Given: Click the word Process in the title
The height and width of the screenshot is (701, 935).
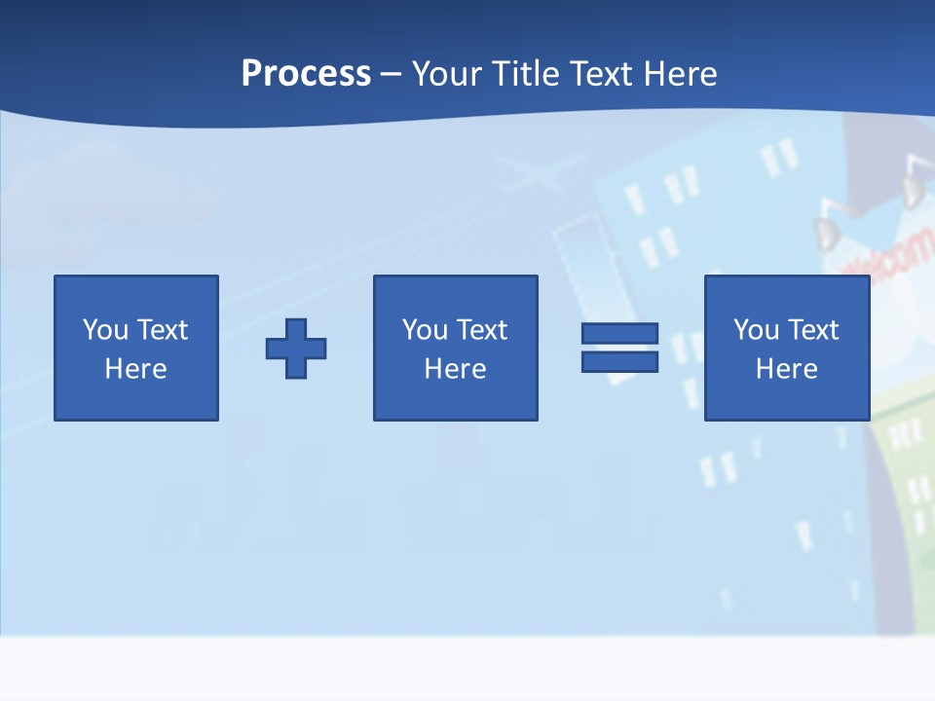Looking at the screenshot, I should click(306, 74).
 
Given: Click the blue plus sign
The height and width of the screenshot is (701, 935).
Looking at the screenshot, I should click(296, 348).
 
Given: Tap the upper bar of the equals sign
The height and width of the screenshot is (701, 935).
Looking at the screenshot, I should click(619, 333).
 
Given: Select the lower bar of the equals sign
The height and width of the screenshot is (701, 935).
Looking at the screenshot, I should click(619, 362).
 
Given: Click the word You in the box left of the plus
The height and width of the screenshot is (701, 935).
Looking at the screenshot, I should click(105, 330).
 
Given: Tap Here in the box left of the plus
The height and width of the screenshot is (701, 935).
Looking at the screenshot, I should click(135, 369).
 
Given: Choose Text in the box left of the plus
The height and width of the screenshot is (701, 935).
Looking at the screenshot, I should click(162, 330).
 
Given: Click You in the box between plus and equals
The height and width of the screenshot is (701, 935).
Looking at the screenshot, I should click(425, 330).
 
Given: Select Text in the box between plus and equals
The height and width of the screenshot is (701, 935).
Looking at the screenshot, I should click(481, 330).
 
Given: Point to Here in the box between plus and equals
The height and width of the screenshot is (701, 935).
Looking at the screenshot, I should click(455, 369).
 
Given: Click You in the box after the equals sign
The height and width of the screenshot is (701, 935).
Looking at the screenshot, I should click(756, 330).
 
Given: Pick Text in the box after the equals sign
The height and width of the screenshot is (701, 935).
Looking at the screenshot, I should click(812, 330).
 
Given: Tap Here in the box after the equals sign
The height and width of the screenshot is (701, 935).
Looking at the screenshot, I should click(786, 369).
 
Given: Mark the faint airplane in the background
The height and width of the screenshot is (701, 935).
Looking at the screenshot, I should click(535, 173).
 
